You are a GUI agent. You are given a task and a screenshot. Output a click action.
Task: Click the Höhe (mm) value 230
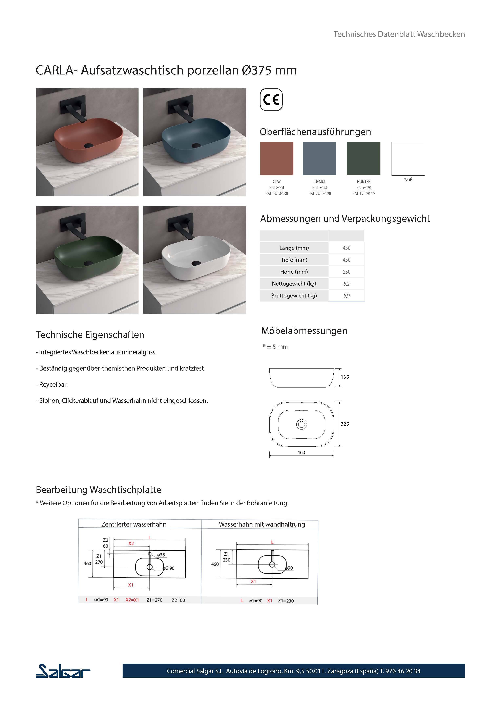click(x=347, y=272)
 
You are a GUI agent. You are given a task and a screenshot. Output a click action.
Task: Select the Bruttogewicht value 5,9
click(x=347, y=295)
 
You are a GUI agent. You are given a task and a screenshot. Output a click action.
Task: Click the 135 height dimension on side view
click(x=345, y=377)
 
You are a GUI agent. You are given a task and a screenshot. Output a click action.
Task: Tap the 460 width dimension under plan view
click(x=301, y=452)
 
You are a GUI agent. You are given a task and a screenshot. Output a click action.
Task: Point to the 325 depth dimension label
click(x=345, y=424)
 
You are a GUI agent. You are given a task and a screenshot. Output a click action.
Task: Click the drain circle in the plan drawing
click(x=301, y=425)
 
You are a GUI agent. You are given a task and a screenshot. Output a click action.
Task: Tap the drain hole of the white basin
click(x=196, y=263)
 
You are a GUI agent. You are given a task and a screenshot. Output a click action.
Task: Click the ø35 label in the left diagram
click(x=161, y=555)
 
